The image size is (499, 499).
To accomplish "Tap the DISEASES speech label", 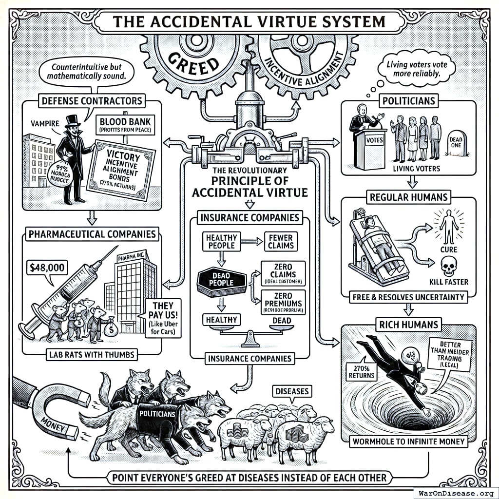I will click(x=292, y=391).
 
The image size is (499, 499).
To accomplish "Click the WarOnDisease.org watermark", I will click(x=455, y=492).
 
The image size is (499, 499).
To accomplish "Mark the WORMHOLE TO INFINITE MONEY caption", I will click(x=408, y=442).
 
